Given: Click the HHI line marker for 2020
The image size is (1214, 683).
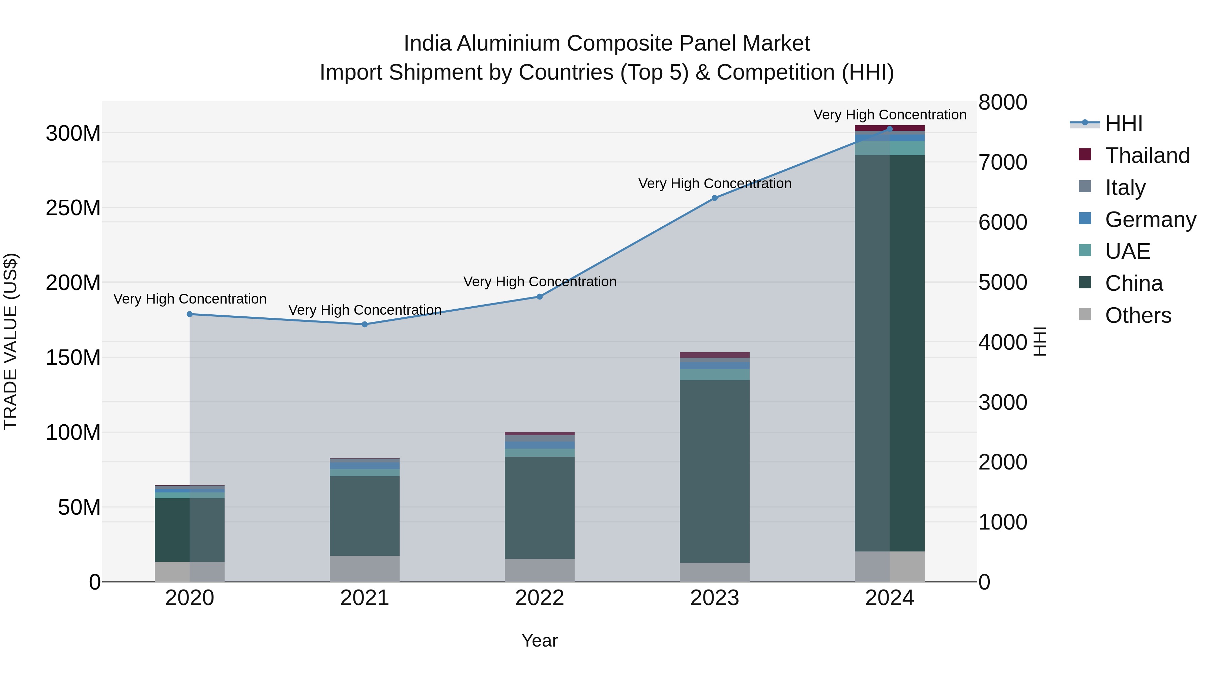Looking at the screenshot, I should click(x=190, y=314).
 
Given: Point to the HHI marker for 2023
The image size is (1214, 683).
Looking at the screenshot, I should click(x=715, y=198).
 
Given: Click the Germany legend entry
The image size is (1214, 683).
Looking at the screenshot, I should click(x=1150, y=219).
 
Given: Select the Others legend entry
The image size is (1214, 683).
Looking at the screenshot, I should click(x=1138, y=315).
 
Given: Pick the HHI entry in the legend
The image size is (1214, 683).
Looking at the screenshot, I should click(x=1124, y=123).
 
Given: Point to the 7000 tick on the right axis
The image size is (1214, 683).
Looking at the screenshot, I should click(x=1003, y=162).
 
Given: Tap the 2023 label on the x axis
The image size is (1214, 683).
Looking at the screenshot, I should click(x=715, y=598).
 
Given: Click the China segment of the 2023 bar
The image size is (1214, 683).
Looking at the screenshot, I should click(x=715, y=472).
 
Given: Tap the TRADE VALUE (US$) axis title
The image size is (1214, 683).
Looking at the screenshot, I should click(x=10, y=341).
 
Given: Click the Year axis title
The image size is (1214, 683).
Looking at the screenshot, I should click(x=540, y=641).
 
